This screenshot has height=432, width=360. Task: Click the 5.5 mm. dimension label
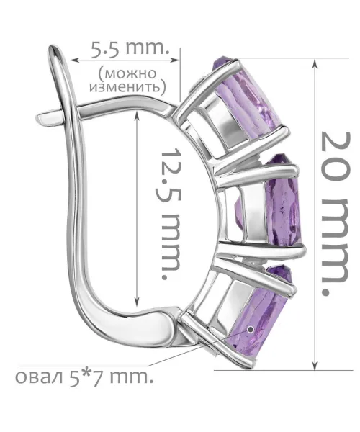coord(129,49)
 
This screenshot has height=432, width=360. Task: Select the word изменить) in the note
coord(127,87)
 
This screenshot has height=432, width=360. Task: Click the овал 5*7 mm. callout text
coord(84,377)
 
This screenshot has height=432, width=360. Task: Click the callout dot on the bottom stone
coord(251,329)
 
